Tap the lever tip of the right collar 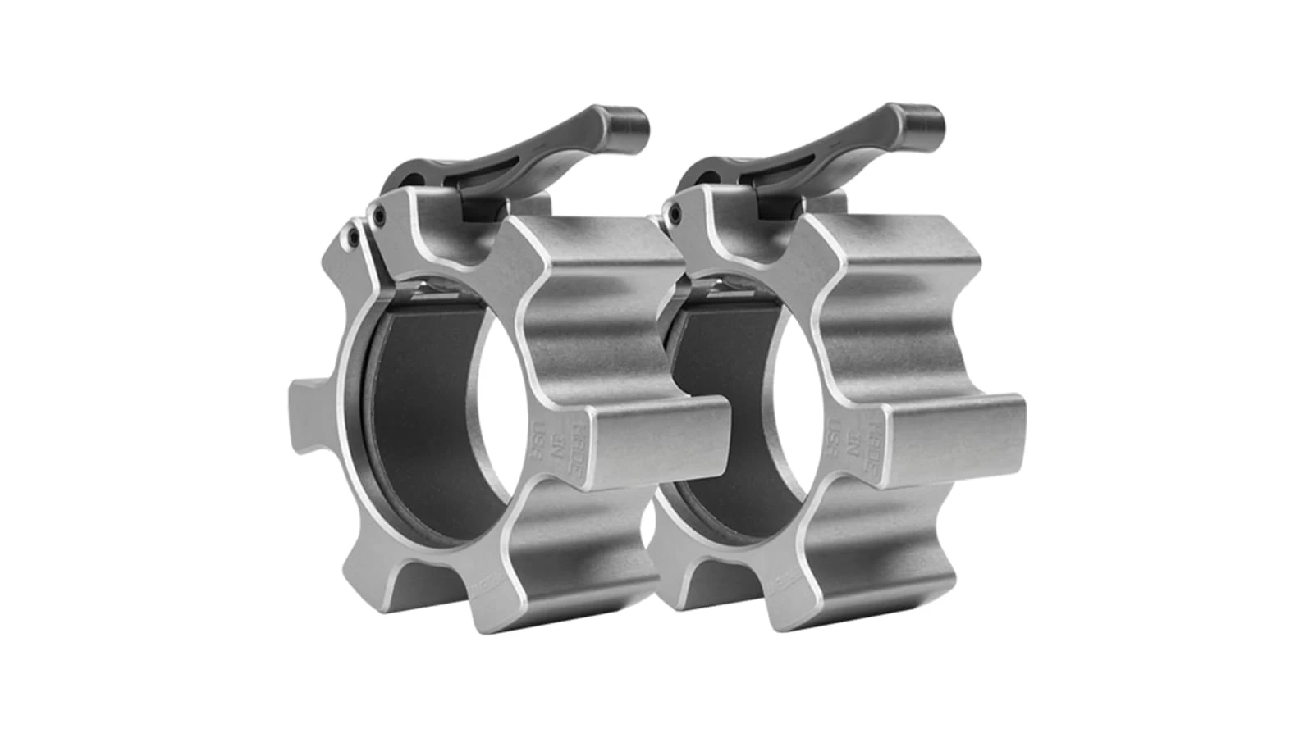(x=922, y=121)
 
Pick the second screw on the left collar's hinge (x=378, y=217)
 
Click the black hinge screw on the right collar (x=675, y=214)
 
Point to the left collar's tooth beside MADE (x=656, y=435)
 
